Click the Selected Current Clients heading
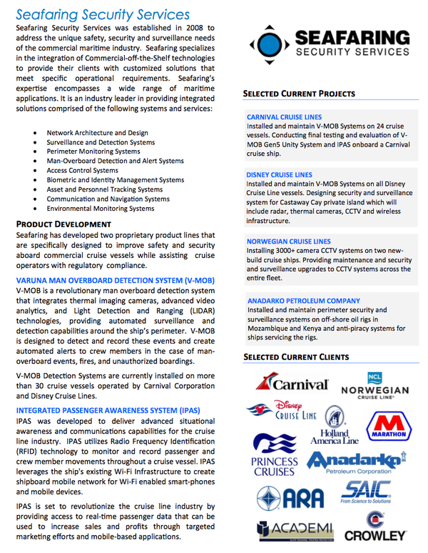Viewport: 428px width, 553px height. tap(296, 357)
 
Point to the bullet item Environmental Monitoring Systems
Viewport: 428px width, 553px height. tap(100, 209)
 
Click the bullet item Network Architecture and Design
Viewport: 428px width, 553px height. tap(97, 133)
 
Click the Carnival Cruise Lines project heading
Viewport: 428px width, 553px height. tap(284, 116)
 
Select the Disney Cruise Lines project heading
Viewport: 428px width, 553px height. tap(279, 174)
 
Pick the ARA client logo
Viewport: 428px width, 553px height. tap(286, 497)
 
